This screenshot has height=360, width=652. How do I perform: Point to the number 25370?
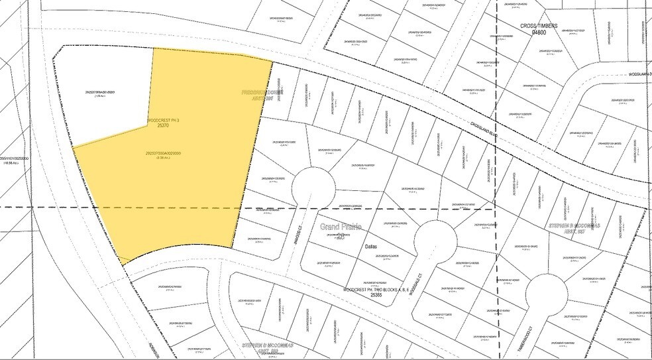(x=162, y=128)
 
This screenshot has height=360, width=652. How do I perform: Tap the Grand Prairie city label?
(x=341, y=227)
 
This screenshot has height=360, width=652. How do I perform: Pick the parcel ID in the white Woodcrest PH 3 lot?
(x=105, y=91)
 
